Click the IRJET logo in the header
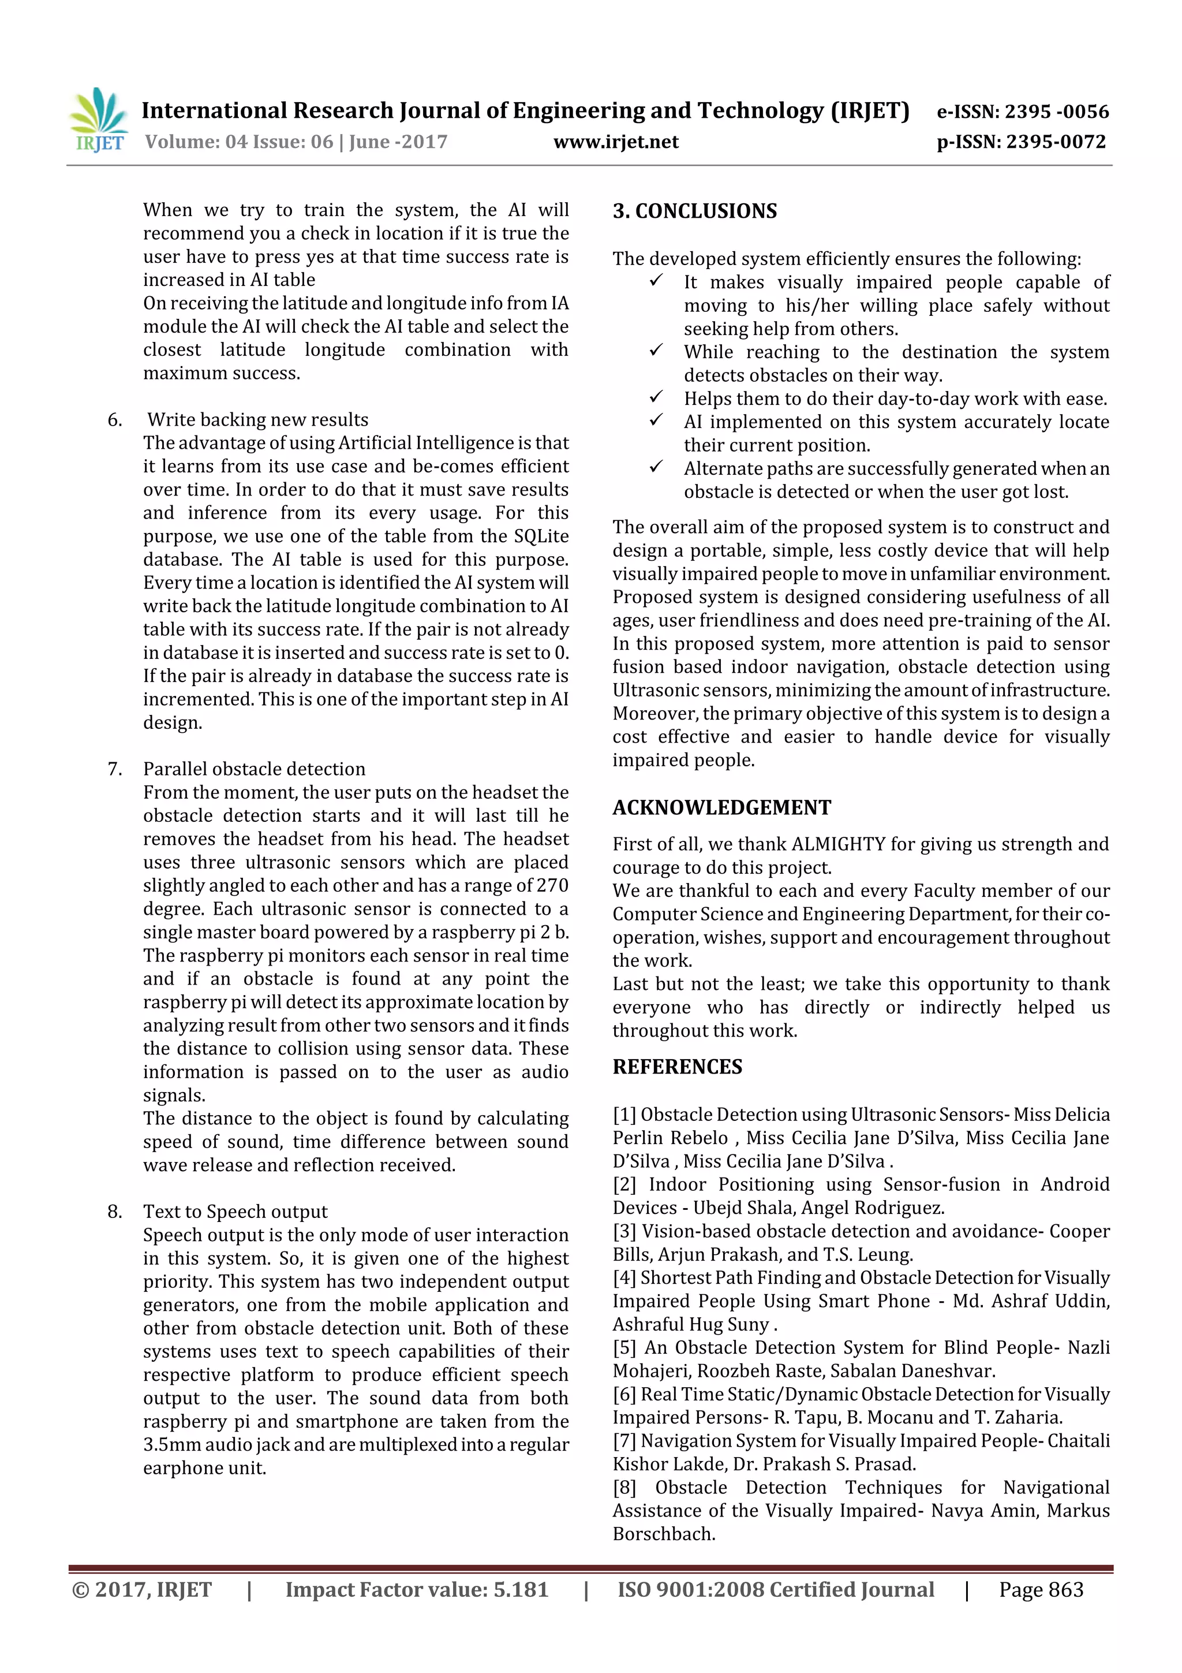pyautogui.click(x=98, y=120)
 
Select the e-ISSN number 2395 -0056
pyautogui.click(x=1056, y=111)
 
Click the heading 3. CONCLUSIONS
pyautogui.click(x=694, y=211)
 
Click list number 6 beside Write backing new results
pyautogui.click(x=114, y=420)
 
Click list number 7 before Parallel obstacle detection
pyautogui.click(x=114, y=769)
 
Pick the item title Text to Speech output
pyautogui.click(x=235, y=1212)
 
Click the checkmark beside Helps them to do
pyautogui.click(x=656, y=397)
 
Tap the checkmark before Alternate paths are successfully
pyautogui.click(x=656, y=467)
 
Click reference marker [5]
pyautogui.click(x=624, y=1348)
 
